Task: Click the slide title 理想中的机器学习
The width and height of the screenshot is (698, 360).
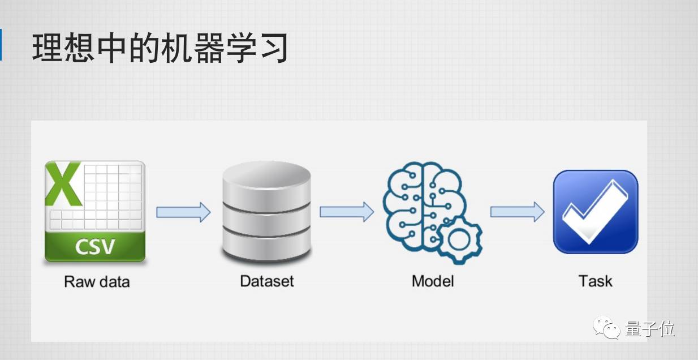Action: [160, 48]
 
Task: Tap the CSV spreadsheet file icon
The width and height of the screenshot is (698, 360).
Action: [95, 211]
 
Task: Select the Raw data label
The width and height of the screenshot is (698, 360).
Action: [97, 281]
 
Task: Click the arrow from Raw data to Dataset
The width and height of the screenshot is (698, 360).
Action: [183, 212]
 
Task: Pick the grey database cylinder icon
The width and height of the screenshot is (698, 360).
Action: [266, 212]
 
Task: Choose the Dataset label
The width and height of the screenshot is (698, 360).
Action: [267, 281]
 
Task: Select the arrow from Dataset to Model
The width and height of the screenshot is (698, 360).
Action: [346, 212]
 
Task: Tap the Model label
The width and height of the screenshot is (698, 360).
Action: [433, 281]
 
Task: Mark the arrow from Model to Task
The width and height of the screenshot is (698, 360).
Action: [516, 212]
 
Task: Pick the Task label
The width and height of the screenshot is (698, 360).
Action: [595, 281]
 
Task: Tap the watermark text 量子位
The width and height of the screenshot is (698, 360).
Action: [650, 328]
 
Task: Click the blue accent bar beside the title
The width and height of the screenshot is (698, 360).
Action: [1, 44]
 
